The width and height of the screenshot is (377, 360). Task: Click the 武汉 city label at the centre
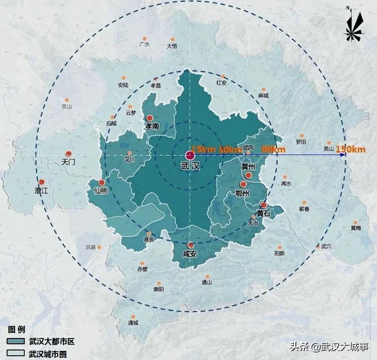coord(190,166)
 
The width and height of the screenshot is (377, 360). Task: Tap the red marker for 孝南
coord(150,118)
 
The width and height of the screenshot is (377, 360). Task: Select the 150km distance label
coord(351,149)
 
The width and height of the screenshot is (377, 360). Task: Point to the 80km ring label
coord(273,149)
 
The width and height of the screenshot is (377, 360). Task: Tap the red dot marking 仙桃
coord(101,182)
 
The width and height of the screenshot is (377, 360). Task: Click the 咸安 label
coord(190,254)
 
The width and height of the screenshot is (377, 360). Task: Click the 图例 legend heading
coord(17,329)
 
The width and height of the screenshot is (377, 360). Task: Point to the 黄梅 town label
coord(356,228)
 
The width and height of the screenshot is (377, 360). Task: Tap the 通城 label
coord(133,323)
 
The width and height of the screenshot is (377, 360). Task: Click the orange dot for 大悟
coord(173,39)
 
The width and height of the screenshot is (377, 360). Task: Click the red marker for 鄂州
coord(243,185)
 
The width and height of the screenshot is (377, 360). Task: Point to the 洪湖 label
coord(90,247)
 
